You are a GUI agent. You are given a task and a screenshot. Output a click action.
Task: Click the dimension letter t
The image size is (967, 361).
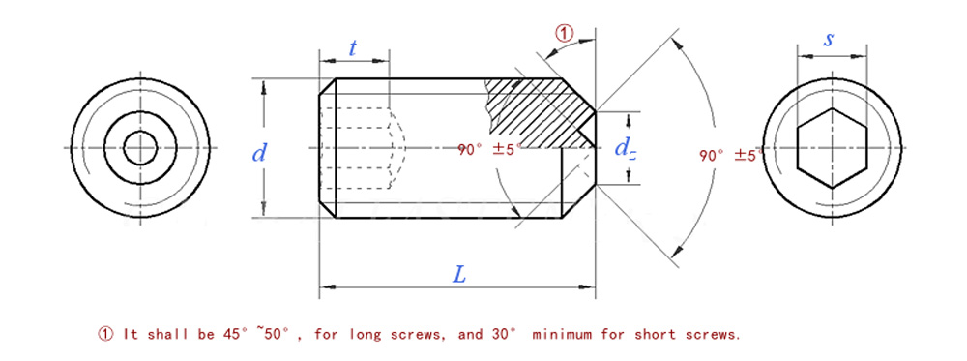click(x=352, y=48)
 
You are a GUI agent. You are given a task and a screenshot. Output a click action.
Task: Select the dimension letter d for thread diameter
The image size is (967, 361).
click(x=259, y=152)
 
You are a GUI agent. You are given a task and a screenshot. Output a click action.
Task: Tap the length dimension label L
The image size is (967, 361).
click(x=459, y=275)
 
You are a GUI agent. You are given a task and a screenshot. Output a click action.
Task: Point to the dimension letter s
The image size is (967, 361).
click(x=830, y=40)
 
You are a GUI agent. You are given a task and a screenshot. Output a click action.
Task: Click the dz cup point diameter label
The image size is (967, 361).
click(x=625, y=149)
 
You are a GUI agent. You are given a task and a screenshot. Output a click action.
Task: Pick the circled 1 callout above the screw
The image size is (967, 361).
click(x=565, y=33)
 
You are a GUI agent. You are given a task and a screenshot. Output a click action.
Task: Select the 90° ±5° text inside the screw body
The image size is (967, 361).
click(x=489, y=149)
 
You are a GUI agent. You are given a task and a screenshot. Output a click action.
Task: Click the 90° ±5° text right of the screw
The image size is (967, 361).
click(x=731, y=156)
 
